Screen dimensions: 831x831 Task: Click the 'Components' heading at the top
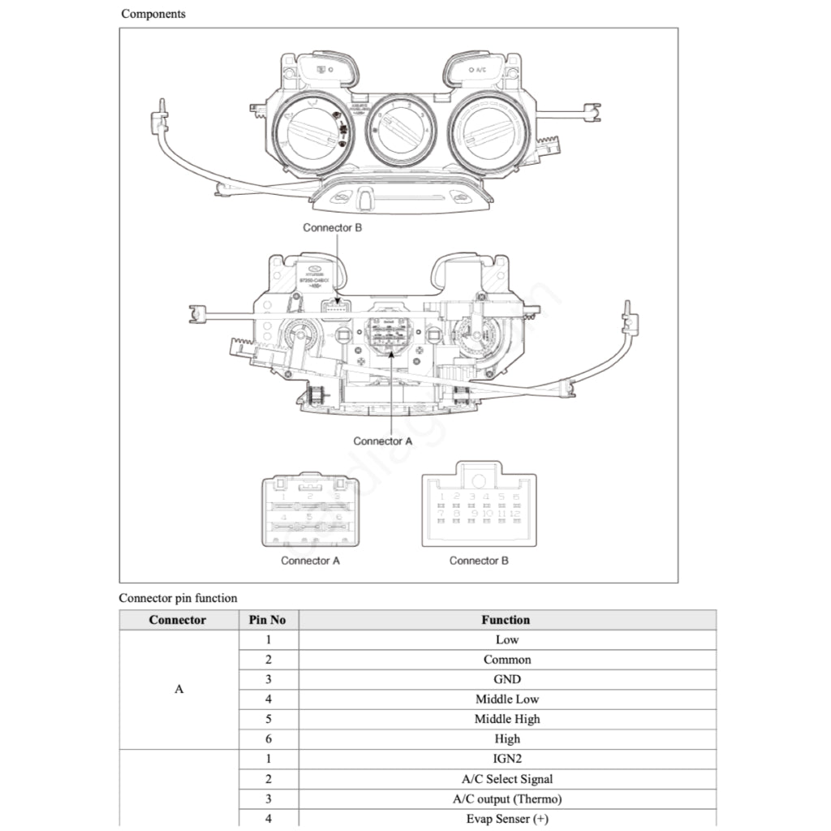(153, 14)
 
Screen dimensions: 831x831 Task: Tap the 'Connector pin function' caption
(179, 598)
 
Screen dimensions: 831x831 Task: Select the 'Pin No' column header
(267, 620)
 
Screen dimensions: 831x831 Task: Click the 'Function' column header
(506, 620)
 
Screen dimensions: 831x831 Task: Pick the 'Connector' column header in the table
(178, 620)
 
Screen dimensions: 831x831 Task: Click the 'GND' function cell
(507, 679)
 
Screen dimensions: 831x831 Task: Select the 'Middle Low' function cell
(507, 699)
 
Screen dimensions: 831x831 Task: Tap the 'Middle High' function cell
(507, 719)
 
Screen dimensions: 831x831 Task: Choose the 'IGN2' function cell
(507, 759)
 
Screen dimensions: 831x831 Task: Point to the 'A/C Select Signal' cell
(507, 779)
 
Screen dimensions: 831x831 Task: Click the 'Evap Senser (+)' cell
(507, 818)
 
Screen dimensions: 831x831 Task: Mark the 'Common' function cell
(507, 660)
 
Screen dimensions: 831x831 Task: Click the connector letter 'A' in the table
(179, 689)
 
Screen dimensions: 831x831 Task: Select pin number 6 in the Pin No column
(268, 738)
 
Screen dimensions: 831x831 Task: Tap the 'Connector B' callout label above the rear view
(333, 227)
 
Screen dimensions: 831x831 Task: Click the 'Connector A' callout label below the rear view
(383, 441)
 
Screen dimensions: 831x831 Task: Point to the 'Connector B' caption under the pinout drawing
(480, 560)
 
